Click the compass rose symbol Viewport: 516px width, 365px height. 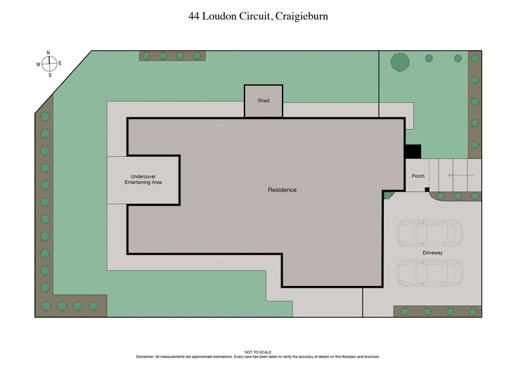(x=49, y=64)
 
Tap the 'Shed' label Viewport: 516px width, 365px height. (x=263, y=101)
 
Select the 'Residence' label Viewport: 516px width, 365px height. (x=283, y=190)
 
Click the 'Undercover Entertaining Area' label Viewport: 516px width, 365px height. (x=143, y=179)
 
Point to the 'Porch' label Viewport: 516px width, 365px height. (x=418, y=176)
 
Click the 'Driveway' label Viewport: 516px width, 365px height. (x=432, y=252)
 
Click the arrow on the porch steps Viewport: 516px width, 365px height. (x=459, y=173)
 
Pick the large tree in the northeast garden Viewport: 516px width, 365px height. (x=400, y=62)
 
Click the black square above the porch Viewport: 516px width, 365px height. (x=412, y=151)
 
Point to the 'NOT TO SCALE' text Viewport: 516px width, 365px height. (x=258, y=352)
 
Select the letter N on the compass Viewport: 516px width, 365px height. (x=49, y=54)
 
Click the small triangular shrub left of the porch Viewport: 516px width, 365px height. (x=388, y=194)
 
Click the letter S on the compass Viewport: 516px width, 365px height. (x=50, y=75)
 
